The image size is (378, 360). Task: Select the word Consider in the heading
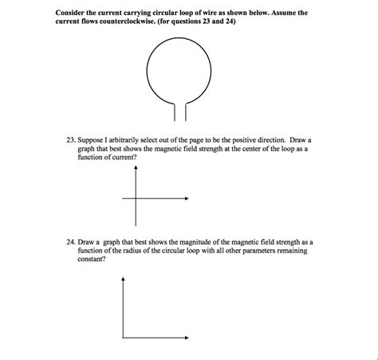[x=73, y=13]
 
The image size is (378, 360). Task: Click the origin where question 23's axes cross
[x=136, y=198]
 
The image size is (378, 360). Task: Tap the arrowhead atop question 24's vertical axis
[x=124, y=280]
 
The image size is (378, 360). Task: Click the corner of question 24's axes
[x=124, y=338]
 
